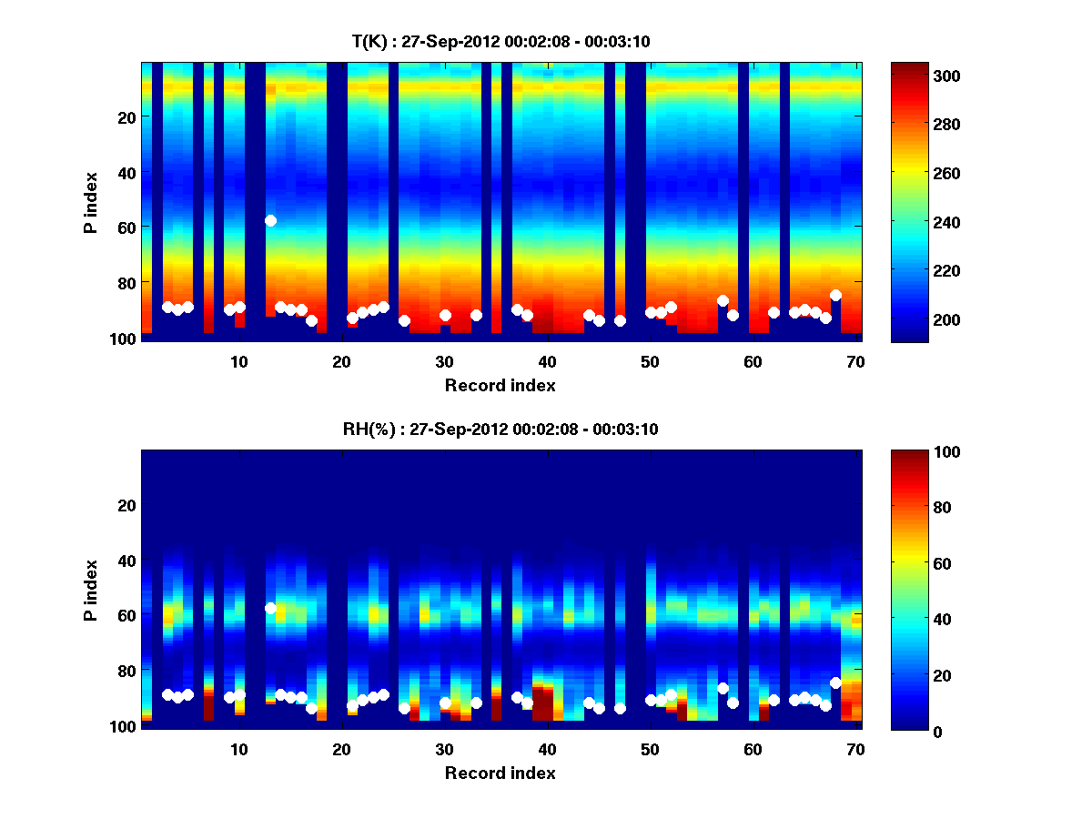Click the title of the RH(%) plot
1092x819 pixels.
494,429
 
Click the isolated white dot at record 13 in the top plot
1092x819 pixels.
270,220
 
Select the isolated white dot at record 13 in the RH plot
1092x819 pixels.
270,608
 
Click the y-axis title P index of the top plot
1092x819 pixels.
91,200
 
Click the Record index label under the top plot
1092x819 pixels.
500,386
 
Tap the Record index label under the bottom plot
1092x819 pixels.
500,773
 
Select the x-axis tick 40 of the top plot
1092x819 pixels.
547,361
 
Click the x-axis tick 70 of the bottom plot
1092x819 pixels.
855,749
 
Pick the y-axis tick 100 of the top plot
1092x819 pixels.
125,339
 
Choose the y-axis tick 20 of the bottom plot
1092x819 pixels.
128,504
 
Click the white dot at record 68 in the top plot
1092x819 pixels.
835,295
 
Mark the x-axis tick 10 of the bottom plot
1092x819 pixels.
238,749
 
